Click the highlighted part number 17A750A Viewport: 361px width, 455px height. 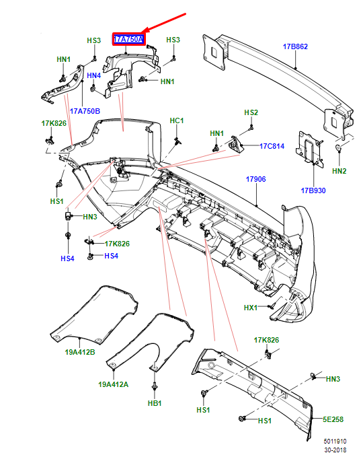(128, 40)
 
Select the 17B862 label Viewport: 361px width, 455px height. (295, 47)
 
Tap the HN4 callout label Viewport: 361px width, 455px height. (93, 76)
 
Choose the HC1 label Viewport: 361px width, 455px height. (177, 120)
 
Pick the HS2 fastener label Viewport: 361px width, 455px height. (251, 112)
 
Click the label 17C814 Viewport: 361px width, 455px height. (272, 145)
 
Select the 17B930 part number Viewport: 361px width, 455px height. (312, 190)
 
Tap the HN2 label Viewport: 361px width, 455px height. (339, 171)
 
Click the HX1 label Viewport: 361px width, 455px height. (251, 308)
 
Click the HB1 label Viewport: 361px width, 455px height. (155, 403)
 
